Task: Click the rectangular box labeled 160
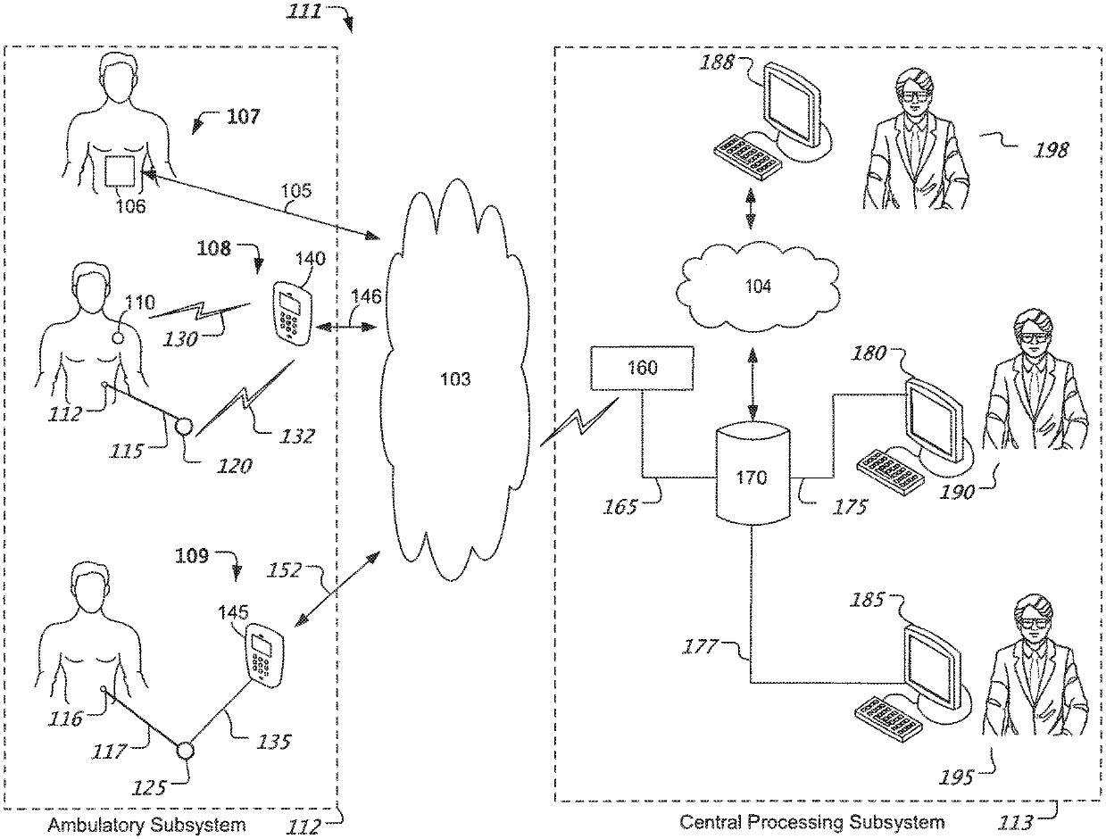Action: pyautogui.click(x=642, y=368)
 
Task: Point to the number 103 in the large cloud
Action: pyautogui.click(x=455, y=378)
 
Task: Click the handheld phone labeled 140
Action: pyautogui.click(x=292, y=313)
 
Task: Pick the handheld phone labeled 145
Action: pyautogui.click(x=264, y=655)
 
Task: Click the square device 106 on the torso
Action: pyautogui.click(x=120, y=171)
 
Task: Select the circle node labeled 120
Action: pyautogui.click(x=183, y=427)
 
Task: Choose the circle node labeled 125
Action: pyautogui.click(x=185, y=751)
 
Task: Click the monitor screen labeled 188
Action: pyautogui.click(x=791, y=105)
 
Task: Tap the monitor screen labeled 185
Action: pyautogui.click(x=932, y=665)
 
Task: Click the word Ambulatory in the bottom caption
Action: pyautogui.click(x=96, y=825)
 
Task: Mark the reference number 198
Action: pyautogui.click(x=1051, y=150)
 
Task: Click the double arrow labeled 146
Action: pyautogui.click(x=346, y=328)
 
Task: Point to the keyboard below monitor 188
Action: pyautogui.click(x=748, y=157)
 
